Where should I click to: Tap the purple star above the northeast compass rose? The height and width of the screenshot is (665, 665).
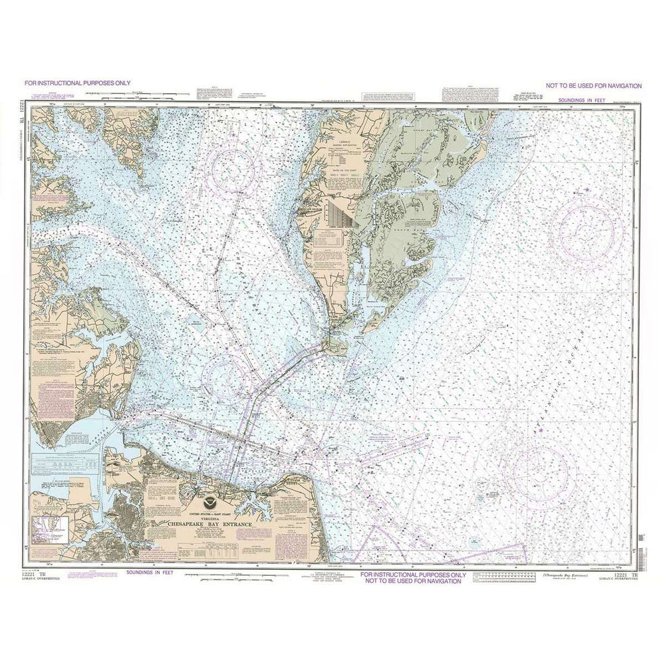point(587,191)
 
